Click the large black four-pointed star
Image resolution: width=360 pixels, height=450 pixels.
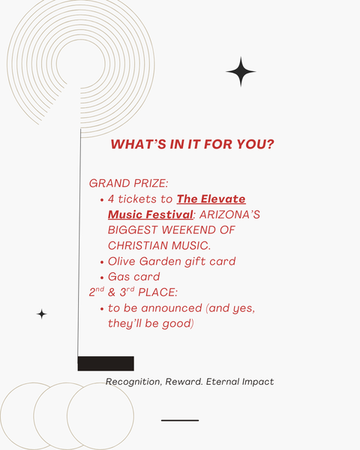click(x=241, y=72)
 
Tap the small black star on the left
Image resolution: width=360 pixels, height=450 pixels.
click(x=42, y=314)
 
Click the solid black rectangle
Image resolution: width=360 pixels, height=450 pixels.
click(x=106, y=364)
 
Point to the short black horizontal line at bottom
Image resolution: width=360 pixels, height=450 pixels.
click(x=180, y=421)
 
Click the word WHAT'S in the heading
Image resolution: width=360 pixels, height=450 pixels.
click(x=138, y=144)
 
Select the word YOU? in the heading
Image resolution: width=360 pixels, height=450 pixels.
click(x=256, y=144)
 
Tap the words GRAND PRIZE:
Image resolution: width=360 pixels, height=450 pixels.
click(x=128, y=184)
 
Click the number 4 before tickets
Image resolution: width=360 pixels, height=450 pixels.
click(x=111, y=199)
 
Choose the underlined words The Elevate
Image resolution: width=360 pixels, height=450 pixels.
click(x=211, y=199)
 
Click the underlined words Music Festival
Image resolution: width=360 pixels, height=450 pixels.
click(x=151, y=214)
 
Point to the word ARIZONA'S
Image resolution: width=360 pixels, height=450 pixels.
click(x=229, y=214)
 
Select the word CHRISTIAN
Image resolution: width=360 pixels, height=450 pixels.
click(x=138, y=246)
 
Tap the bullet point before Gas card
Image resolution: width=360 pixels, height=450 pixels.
click(x=102, y=278)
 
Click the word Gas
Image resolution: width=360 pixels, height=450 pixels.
click(x=118, y=277)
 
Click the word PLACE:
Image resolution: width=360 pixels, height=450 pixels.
click(x=158, y=292)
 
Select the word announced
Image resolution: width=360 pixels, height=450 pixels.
click(x=172, y=308)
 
